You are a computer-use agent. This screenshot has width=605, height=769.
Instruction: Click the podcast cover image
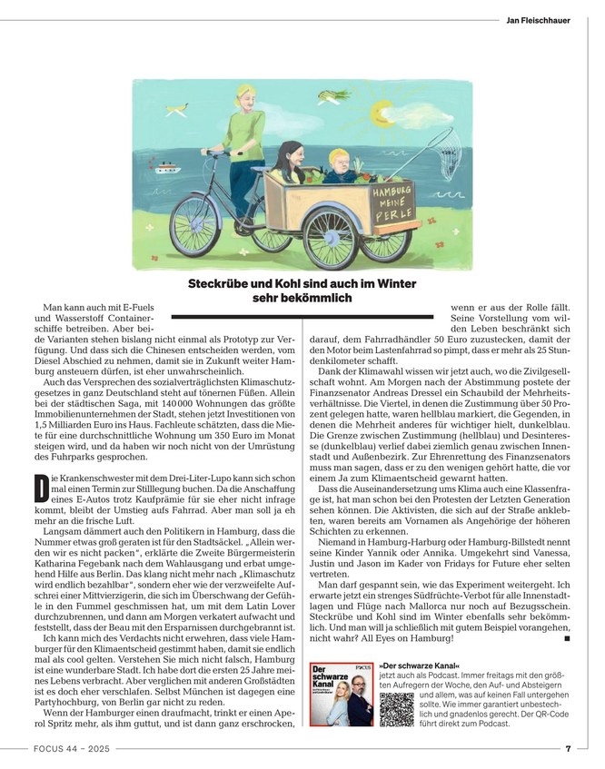(x=341, y=694)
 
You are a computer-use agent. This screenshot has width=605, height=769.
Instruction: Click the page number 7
(x=567, y=748)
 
